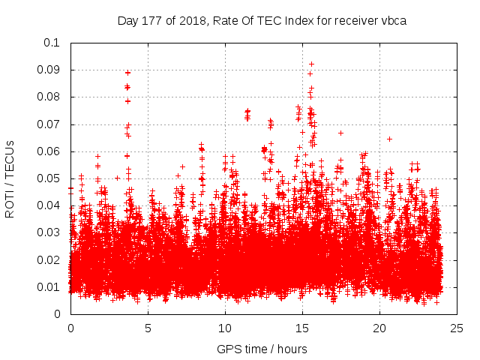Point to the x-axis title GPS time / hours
[x=262, y=349]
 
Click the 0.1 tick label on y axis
[x=52, y=43]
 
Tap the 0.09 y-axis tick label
[x=49, y=70]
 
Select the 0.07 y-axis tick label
[x=49, y=124]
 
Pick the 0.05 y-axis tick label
[x=49, y=178]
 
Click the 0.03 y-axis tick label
[x=49, y=232]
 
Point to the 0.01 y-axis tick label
[x=49, y=286]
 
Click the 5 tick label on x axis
[x=148, y=328]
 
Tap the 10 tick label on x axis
[x=225, y=328]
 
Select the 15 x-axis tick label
[x=302, y=328]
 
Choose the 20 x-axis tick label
[x=379, y=328]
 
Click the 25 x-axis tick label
[x=457, y=328]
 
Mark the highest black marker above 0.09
[x=311, y=64]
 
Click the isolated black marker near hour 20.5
[x=389, y=139]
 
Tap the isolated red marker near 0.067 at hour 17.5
[x=340, y=133]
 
